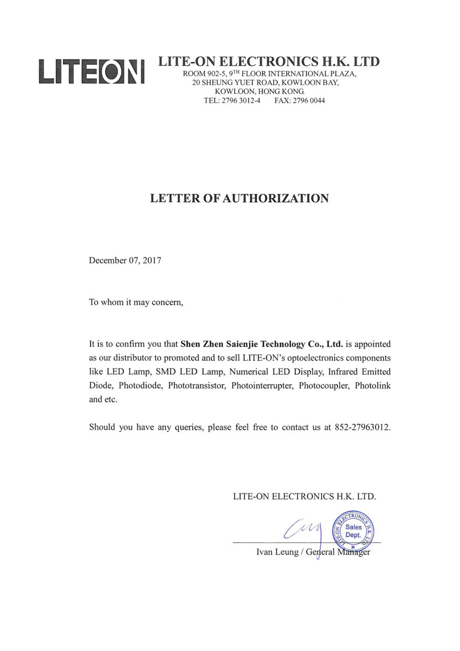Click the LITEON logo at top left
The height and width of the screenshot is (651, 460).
pyautogui.click(x=91, y=72)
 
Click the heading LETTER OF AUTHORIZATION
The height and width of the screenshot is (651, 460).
pyautogui.click(x=239, y=199)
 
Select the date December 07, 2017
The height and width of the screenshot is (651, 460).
pyautogui.click(x=125, y=261)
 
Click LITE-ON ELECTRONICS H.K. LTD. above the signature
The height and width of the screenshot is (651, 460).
pyautogui.click(x=304, y=497)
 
